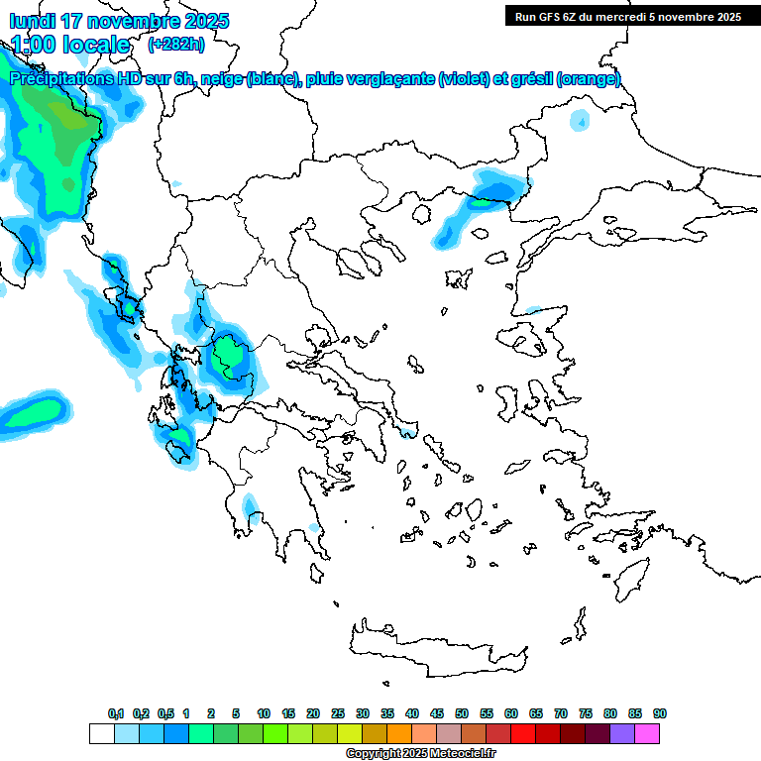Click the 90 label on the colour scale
coord(660,713)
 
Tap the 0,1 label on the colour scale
coord(116,713)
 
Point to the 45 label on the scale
coord(437,713)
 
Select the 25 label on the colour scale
coord(338,713)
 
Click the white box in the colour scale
coord(101,733)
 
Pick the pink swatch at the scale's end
coord(647,733)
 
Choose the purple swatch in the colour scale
coord(622,733)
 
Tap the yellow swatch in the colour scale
coord(350,733)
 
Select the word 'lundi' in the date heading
coord(33,21)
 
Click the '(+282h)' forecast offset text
coord(175,44)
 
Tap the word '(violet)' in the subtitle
coord(464,79)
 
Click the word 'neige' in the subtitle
coord(221,79)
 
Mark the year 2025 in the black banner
coord(726,16)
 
